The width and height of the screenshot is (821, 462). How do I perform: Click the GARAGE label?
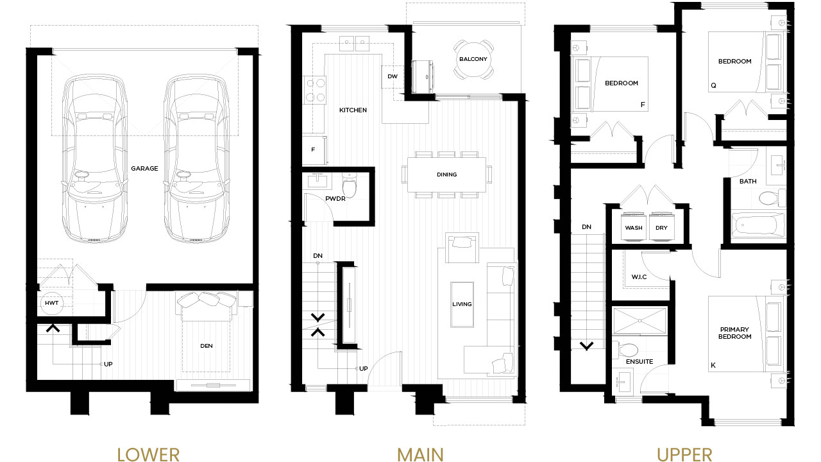(x=144, y=168)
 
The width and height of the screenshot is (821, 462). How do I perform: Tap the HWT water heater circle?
(x=52, y=303)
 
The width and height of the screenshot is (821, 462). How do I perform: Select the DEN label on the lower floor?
(x=207, y=346)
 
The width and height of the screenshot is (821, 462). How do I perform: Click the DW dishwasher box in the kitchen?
(x=393, y=76)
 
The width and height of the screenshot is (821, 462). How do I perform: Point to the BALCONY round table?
(x=473, y=59)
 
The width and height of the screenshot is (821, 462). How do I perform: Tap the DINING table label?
(x=447, y=175)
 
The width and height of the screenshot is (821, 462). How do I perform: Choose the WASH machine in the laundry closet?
(x=633, y=227)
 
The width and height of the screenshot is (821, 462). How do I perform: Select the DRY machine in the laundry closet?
(x=661, y=227)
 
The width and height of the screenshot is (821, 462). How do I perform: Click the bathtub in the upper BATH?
(x=758, y=225)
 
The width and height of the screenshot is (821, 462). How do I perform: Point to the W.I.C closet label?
(x=639, y=277)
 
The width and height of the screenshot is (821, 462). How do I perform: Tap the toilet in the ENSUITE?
(x=627, y=350)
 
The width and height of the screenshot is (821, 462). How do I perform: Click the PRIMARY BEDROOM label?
(x=734, y=333)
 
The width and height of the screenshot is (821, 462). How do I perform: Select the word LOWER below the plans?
(x=148, y=455)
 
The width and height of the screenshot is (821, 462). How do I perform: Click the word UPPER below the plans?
(x=684, y=455)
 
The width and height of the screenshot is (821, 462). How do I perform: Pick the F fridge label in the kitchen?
(x=313, y=150)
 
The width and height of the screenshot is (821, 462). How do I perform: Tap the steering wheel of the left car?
(x=81, y=175)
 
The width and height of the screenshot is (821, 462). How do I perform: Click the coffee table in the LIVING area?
(x=462, y=304)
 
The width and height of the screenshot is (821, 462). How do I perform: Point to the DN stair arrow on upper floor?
(x=586, y=345)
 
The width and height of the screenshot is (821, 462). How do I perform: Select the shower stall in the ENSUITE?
(x=639, y=321)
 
